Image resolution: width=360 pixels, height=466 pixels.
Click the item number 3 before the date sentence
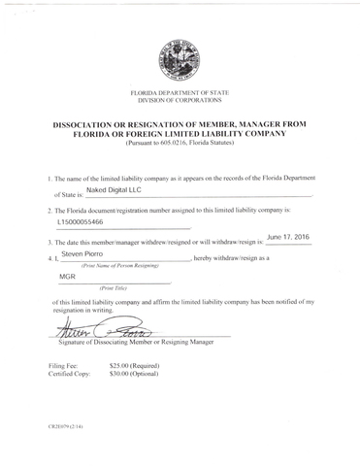[49, 242]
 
